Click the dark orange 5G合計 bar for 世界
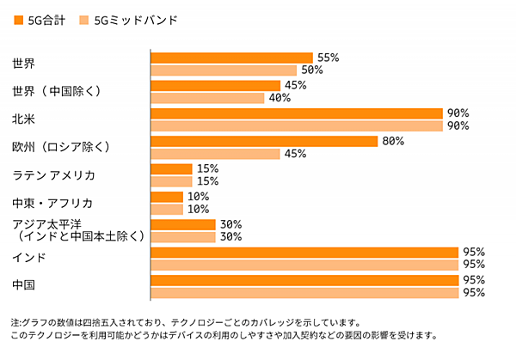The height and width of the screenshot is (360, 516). coord(231,58)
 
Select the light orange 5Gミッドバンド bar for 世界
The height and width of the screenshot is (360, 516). coord(224,70)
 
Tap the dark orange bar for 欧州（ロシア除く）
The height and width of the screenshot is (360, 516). coord(264,141)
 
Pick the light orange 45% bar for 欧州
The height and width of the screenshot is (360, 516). coord(215,154)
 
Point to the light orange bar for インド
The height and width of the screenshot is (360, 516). coord(304,265)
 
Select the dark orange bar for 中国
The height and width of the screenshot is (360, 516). coord(304,280)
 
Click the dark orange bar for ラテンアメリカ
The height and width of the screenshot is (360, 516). coord(171,169)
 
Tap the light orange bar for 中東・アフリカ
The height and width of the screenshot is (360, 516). coord(167,210)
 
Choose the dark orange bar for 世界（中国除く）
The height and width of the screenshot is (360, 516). coord(215,85)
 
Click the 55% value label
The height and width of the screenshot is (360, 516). coord(328,58)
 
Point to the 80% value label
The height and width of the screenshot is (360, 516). coord(393,141)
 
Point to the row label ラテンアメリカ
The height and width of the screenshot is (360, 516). coord(53,175)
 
